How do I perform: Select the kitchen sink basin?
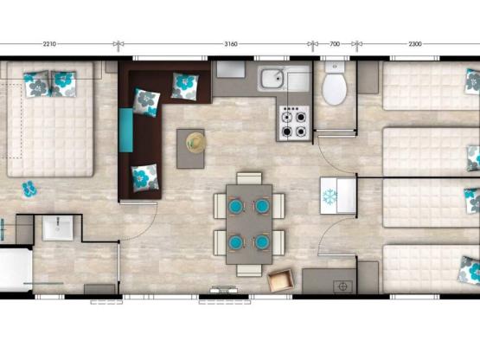[x=272, y=80]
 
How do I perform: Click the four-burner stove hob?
[x=294, y=122]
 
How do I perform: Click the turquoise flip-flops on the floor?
[x=29, y=186]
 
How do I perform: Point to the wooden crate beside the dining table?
[x=280, y=281]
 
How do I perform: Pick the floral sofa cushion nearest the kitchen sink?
[x=184, y=85]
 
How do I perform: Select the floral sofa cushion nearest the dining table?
[x=144, y=177]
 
